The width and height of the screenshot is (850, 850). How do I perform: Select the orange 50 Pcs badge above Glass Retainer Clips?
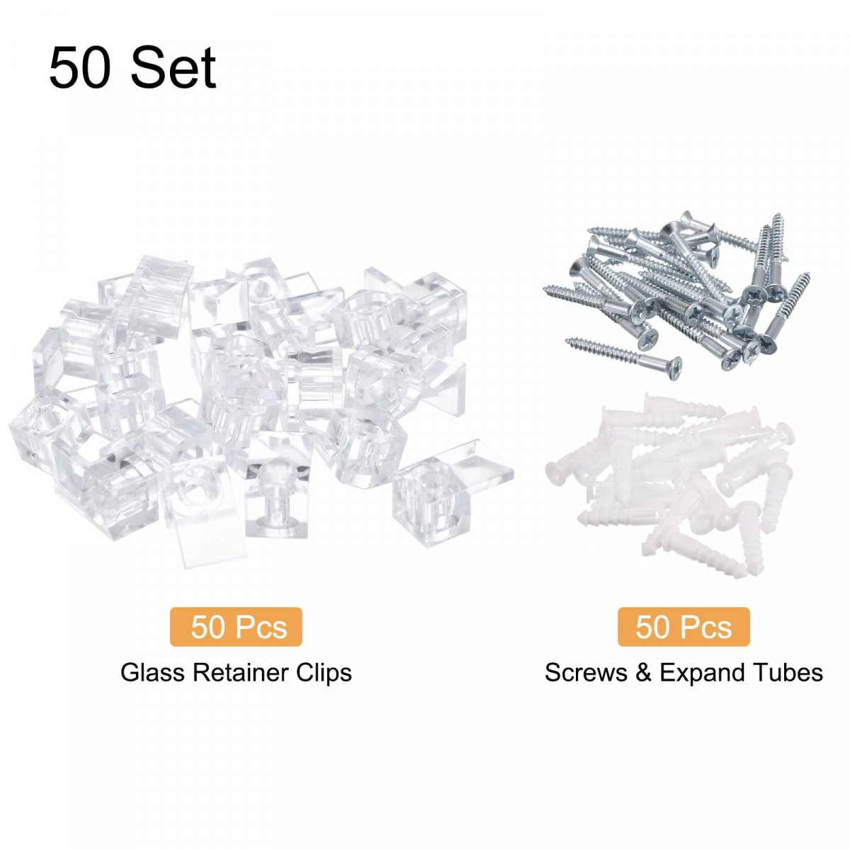[236, 627]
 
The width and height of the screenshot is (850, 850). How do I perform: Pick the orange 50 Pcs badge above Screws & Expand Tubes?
[684, 627]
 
